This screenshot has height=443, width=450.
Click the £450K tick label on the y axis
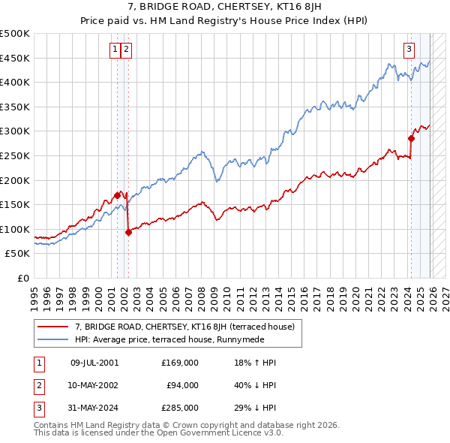pyautogui.click(x=16, y=58)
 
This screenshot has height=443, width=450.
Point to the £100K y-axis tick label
pyautogui.click(x=16, y=229)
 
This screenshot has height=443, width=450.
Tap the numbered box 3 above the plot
pyautogui.click(x=409, y=50)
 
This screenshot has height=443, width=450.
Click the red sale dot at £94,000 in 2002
pyautogui.click(x=128, y=232)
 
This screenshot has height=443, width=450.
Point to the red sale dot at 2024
pyautogui.click(x=411, y=138)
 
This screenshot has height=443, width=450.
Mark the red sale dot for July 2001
pyautogui.click(x=118, y=195)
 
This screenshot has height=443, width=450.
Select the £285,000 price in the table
pyautogui.click(x=179, y=408)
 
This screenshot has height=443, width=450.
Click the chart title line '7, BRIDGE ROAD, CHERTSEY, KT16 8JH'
pyautogui.click(x=224, y=9)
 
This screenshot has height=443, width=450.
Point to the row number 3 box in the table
pyautogui.click(x=38, y=408)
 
